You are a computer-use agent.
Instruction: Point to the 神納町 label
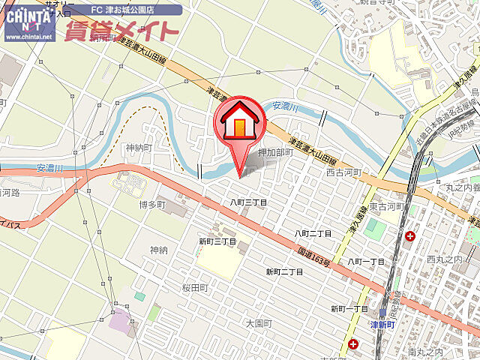pyautogui.click(x=139, y=147)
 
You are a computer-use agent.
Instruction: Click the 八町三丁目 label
pyautogui.click(x=248, y=202)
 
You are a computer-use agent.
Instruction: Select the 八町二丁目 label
pyautogui.click(x=313, y=234)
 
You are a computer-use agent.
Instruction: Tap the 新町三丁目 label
pyautogui.click(x=217, y=242)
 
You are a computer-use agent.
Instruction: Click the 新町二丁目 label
pyautogui.click(x=284, y=271)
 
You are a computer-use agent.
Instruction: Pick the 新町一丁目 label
pyautogui.click(x=349, y=308)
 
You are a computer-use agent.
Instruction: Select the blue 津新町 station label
pyautogui.click(x=386, y=325)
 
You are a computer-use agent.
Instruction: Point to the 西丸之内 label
pyautogui.click(x=441, y=259)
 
